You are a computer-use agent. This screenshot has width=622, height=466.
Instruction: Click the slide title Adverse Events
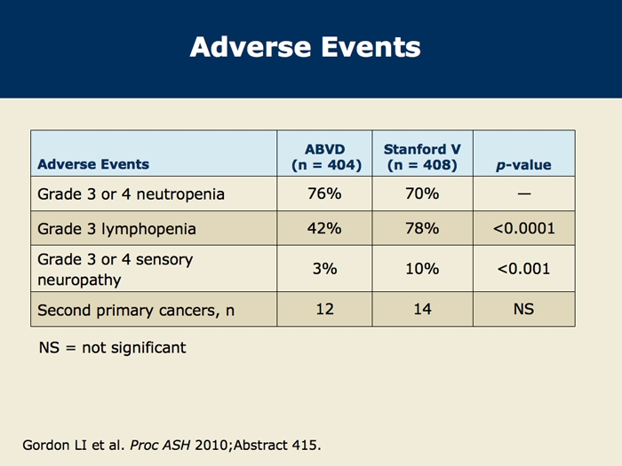click(x=305, y=47)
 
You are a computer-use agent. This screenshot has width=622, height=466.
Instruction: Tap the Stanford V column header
click(x=422, y=157)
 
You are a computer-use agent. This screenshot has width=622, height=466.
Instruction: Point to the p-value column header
click(x=523, y=165)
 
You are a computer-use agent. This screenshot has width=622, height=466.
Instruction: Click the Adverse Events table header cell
click(x=93, y=164)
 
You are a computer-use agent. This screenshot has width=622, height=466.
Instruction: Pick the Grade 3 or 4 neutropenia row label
click(x=131, y=194)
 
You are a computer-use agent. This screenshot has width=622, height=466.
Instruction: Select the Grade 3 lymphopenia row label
click(x=116, y=229)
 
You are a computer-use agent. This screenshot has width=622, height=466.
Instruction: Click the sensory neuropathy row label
click(x=115, y=270)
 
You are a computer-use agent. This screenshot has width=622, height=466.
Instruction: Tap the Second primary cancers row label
click(x=136, y=311)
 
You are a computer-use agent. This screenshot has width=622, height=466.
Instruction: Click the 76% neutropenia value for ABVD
click(x=324, y=194)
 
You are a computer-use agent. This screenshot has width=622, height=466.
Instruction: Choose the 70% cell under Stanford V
click(x=422, y=194)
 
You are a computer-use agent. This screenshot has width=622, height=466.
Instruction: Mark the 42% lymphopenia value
click(x=324, y=229)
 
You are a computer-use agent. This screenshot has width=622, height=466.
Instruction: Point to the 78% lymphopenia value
click(x=422, y=229)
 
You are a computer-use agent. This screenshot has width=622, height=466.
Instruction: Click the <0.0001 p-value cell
click(x=523, y=229)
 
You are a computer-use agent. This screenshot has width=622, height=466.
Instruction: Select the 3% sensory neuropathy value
click(x=324, y=269)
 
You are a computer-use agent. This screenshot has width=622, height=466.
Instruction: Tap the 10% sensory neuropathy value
click(x=422, y=269)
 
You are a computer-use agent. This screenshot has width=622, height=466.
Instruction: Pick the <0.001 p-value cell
click(x=523, y=269)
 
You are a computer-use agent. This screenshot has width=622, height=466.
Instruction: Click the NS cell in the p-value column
click(x=523, y=309)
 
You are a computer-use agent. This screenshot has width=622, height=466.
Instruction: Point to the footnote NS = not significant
click(x=112, y=348)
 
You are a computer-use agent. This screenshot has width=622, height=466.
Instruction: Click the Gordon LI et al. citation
click(x=171, y=445)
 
